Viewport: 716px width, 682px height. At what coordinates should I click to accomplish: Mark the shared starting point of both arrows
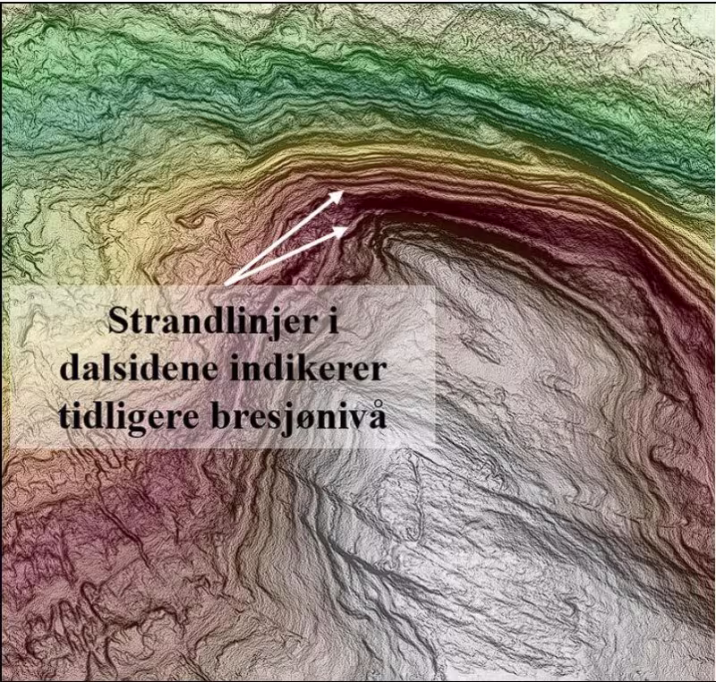pos(226,283)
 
